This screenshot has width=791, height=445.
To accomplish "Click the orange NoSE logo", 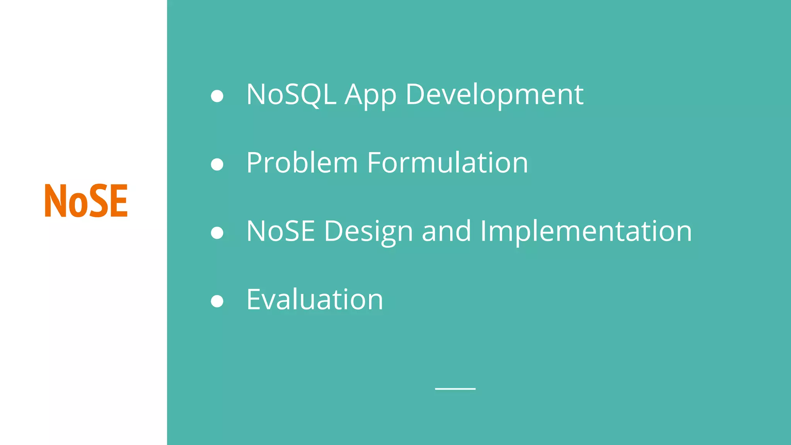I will point(86,200).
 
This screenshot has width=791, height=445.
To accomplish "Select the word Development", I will point(494,95).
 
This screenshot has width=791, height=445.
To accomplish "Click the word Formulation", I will point(447,163).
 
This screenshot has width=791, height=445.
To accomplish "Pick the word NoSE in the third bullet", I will point(280,231).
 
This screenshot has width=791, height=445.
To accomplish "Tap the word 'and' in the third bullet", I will point(446,231).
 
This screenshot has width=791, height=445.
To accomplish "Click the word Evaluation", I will point(315,299).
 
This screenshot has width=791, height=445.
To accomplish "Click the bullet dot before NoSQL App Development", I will point(217,96).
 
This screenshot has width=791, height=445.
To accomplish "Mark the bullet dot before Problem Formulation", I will point(217,165).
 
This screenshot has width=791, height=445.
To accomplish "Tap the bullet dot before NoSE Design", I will point(217,233).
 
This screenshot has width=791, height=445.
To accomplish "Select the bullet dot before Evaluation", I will point(217,301).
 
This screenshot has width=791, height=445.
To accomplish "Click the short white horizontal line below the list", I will point(455,389).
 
